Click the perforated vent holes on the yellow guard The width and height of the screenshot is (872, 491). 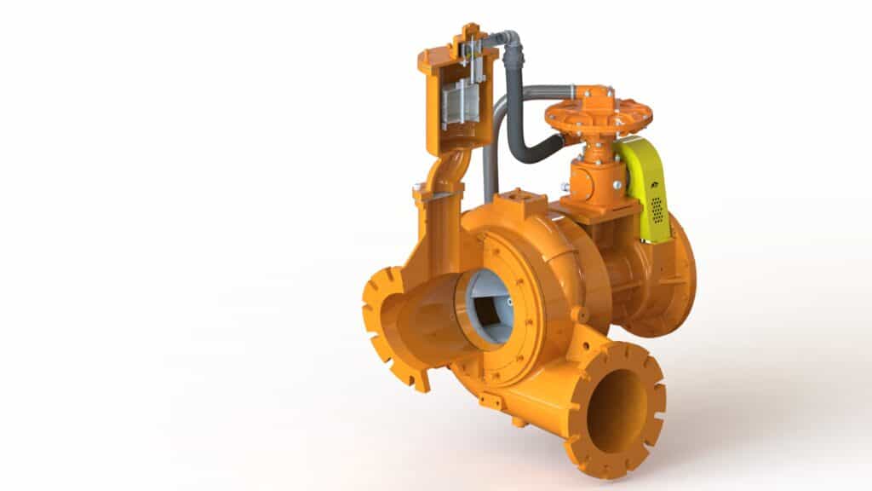pos(657,208)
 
